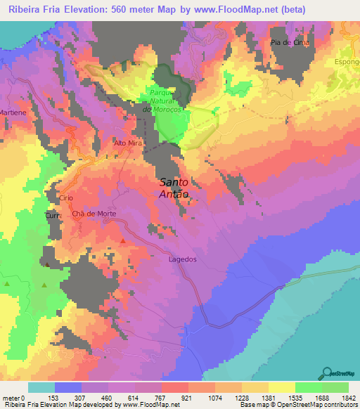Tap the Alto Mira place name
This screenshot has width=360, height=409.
pos(128,143)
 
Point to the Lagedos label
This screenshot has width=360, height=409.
pos(183,259)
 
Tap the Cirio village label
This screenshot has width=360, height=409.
pos(66,199)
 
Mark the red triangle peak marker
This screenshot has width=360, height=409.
pos(123,241)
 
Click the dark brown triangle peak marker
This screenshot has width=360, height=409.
pos(47,265)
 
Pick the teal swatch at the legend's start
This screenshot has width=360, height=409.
pos(41,387)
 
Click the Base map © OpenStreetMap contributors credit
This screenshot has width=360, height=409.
pos(298,405)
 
